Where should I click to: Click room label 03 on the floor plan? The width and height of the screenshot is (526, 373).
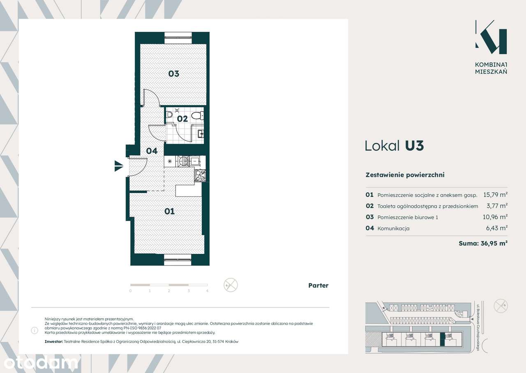click(174, 74)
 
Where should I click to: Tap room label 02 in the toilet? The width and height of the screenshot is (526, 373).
click(182, 119)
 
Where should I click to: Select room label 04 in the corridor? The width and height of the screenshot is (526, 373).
click(152, 151)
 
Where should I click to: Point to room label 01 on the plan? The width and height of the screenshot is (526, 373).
click(170, 211)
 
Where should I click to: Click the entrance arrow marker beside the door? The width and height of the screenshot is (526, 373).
click(119, 166)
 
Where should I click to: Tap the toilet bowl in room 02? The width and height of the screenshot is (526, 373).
click(197, 115)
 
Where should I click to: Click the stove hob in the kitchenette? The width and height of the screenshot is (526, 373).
click(200, 175)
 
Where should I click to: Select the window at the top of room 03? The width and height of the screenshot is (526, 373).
click(178, 38)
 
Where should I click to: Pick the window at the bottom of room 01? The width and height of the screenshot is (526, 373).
click(178, 260)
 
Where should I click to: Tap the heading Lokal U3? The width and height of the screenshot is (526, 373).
click(394, 146)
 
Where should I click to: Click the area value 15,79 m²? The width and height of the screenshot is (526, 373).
click(495, 195)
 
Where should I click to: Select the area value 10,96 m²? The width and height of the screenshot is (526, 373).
click(495, 217)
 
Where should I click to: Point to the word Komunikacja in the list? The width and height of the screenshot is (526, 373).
click(393, 228)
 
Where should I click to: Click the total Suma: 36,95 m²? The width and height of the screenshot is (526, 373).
click(483, 243)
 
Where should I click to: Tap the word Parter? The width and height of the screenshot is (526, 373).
click(318, 285)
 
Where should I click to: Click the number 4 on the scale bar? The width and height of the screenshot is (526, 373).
click(207, 291)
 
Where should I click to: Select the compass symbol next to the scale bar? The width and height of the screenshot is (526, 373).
click(231, 285)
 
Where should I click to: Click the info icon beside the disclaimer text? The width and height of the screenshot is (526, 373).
click(35, 331)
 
